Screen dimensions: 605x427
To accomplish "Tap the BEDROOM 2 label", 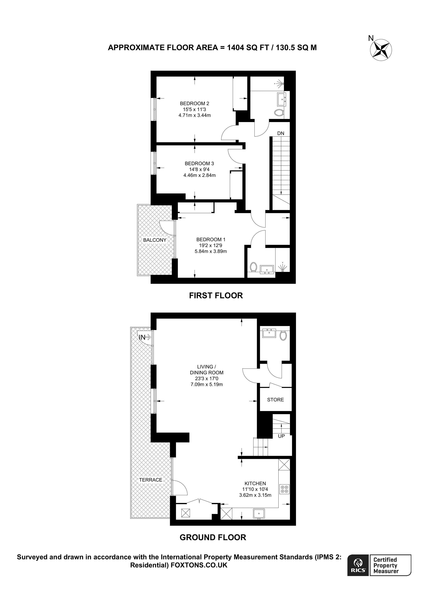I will coord(194,104).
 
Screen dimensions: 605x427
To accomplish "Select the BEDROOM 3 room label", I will coord(199,163).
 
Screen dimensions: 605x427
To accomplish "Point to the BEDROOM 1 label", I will coord(211,239).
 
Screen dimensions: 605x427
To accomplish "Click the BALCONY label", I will coord(155,240).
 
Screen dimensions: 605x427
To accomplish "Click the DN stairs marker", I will coord(281,133).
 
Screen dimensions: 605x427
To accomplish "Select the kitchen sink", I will coord(259,513).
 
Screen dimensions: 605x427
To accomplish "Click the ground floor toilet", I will coord(283,335).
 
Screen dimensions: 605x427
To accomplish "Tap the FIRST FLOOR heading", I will coord(216,296).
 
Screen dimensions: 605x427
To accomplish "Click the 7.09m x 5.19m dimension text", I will coord(207,384).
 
